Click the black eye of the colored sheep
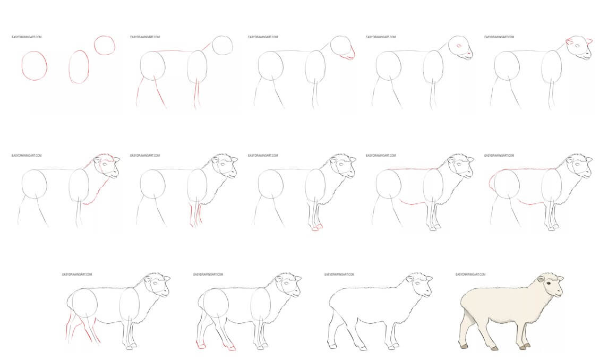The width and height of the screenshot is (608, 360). pos(549,284)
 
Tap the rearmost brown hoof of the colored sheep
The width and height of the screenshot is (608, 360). pos(464,346)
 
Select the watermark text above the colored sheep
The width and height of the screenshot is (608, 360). pos(470,275)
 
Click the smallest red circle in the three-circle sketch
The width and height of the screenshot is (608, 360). pos(104,45)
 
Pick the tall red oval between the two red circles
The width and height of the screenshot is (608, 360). pos(79,67)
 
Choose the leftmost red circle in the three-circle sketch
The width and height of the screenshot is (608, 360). pos(35,65)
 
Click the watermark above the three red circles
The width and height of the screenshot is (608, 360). pos(27,37)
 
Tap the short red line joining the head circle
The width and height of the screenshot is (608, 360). pos(206,46)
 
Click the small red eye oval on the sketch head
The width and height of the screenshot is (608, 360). pos(459,46)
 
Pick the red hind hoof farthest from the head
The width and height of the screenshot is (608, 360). pos(201,345)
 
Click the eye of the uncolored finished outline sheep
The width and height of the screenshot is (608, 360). pos(417,282)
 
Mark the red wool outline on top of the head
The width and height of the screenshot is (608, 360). pos(105,157)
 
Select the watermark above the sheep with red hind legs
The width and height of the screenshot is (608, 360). pos(77,275)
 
